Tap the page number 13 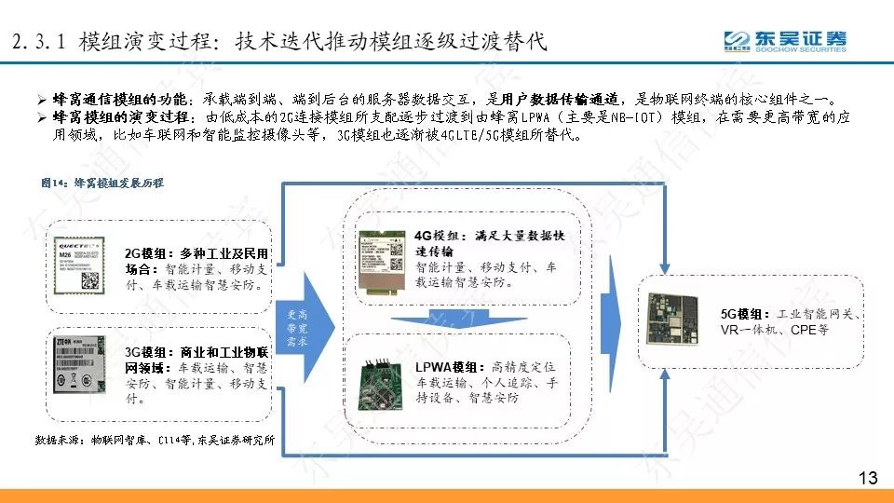867,479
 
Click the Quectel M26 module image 84,265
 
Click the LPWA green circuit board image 379,376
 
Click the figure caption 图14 102,184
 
